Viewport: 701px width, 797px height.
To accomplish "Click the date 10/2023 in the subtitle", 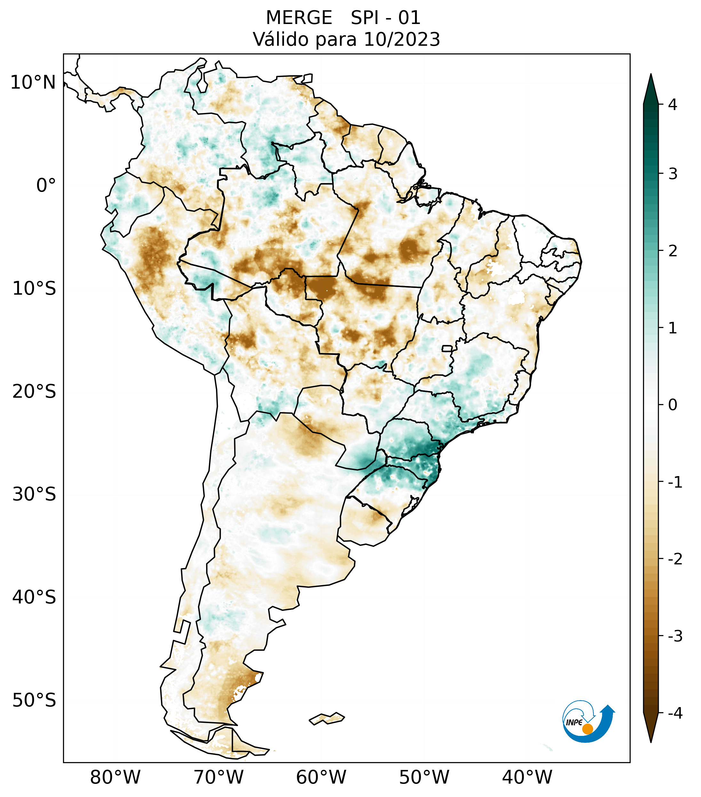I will [402, 39].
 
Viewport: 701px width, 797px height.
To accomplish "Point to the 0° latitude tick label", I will [46, 186].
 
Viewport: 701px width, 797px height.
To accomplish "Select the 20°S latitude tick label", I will [34, 392].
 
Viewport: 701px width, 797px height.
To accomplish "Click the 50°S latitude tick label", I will [34, 700].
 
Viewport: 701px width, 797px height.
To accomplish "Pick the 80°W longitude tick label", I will [116, 777].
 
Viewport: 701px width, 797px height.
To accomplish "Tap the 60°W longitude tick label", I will [321, 777].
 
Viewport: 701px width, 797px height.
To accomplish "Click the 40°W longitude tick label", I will [527, 777].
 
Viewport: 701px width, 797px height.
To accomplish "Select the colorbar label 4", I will [673, 105].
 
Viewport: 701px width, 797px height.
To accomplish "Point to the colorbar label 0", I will [673, 405].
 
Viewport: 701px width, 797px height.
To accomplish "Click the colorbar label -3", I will [675, 636].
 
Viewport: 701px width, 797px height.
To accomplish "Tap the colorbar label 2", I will [673, 251].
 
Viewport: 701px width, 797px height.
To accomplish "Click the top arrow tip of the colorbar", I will [651, 75].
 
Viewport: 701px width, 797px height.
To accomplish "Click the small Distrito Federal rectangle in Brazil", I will [447, 348].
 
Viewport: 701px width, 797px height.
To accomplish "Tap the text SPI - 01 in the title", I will [385, 18].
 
